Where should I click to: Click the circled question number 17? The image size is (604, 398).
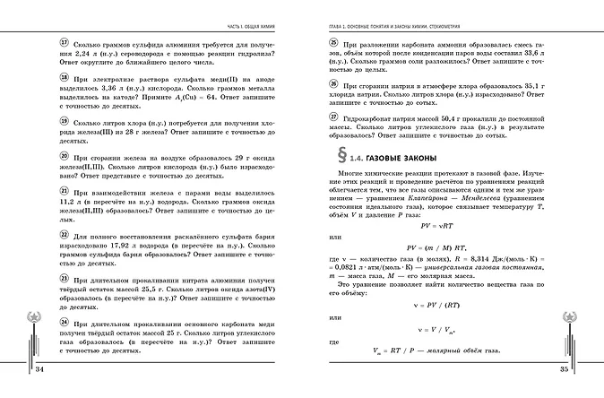point(39,43)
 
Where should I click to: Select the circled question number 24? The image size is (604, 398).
point(39,320)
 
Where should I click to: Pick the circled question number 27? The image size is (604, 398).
point(333,117)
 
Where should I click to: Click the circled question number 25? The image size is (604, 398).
point(333,43)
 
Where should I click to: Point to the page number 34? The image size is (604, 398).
point(39,368)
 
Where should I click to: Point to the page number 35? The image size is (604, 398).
point(565,368)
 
